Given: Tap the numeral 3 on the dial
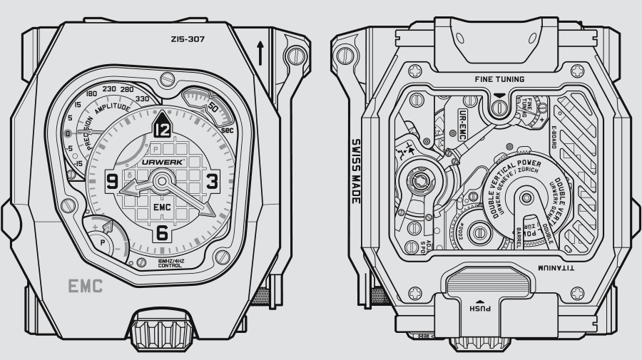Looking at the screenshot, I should (x=212, y=181).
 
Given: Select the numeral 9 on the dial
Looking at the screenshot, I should (x=113, y=181).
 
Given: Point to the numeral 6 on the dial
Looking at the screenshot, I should (x=162, y=232).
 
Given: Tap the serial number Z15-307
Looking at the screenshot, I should (x=188, y=40).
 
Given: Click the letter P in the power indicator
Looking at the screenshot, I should (x=103, y=242).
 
